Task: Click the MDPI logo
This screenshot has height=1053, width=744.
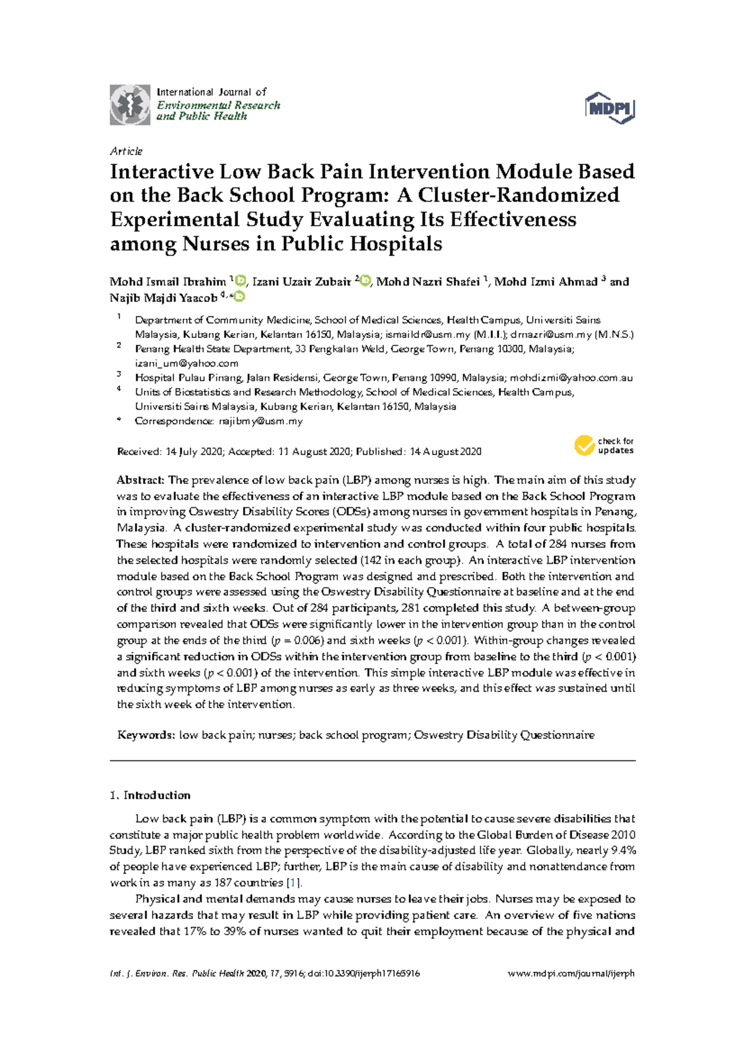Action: coord(610,109)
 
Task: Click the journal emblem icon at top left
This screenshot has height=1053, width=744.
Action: coord(130,105)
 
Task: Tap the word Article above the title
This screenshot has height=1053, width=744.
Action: coord(126,151)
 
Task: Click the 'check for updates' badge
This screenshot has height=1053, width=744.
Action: coord(604,445)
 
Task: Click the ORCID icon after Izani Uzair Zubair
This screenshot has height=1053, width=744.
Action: coord(366,282)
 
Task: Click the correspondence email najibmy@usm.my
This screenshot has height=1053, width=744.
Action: coord(261,421)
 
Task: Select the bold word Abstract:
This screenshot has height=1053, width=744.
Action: coord(141,480)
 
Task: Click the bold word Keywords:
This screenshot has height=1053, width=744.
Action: coord(146,735)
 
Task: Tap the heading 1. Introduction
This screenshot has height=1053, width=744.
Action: coord(150,795)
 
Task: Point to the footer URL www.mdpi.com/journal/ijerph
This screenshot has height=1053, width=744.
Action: coord(571,974)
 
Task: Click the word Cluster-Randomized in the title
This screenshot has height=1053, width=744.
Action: coord(508,195)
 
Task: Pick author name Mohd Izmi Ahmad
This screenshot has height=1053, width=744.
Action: coord(546,282)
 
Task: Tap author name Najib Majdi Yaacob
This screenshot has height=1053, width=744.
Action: coord(164,298)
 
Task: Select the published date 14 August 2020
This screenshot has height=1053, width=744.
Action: coord(445,452)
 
